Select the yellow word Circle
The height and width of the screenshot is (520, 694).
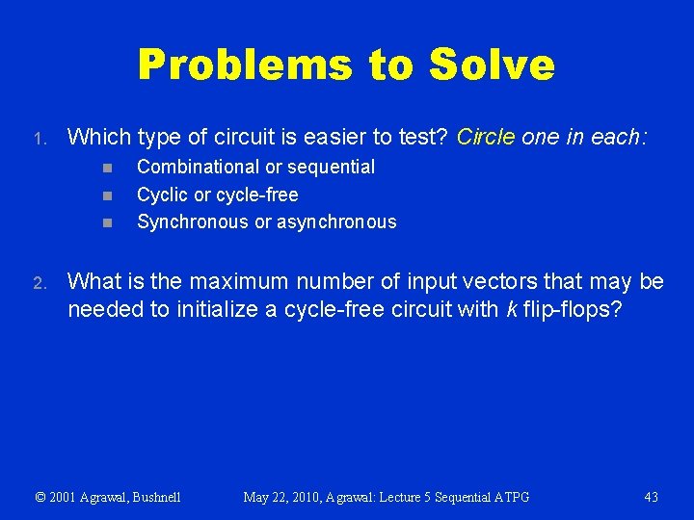487,138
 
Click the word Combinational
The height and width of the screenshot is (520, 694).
199,167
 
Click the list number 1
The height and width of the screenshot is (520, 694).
38,140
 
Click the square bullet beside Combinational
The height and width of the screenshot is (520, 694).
108,168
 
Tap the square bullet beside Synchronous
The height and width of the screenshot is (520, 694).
108,223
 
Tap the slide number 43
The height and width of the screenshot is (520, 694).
651,497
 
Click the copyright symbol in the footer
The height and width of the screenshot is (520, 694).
40,497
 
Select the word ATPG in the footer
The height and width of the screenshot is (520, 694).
509,497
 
